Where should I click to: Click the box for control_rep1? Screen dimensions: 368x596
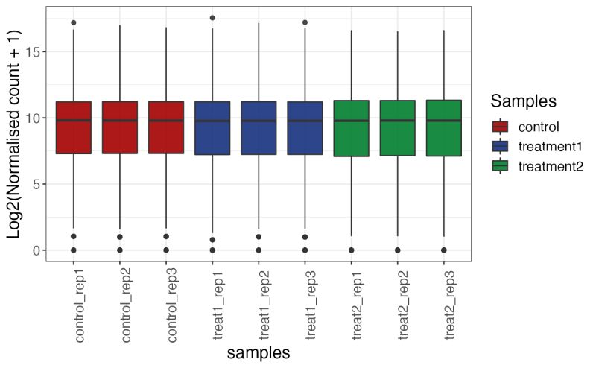(73, 128)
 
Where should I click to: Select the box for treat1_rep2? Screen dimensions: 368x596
(259, 128)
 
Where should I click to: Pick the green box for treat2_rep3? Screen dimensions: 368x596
(444, 128)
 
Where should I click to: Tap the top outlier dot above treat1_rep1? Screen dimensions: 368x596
(212, 18)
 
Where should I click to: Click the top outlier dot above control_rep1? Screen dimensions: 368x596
(73, 22)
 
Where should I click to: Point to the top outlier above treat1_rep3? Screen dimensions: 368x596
(305, 22)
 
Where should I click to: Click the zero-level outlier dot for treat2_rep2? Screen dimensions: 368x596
(398, 250)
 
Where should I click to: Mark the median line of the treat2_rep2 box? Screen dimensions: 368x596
(398, 120)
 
